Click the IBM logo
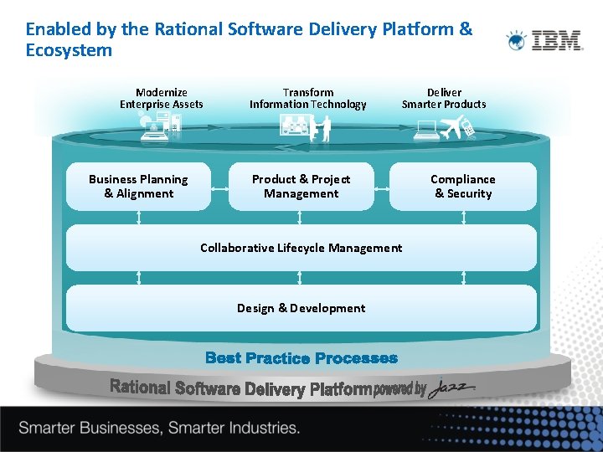pos(545,40)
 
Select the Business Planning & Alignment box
pos(138,186)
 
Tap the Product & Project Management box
pos(301,186)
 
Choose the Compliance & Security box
pos(463,186)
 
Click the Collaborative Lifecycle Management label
pos(301,248)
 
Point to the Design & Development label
pos(301,308)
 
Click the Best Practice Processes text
pos(301,358)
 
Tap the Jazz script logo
pos(452,388)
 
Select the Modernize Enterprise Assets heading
pos(162,98)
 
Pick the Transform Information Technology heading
pos(307,98)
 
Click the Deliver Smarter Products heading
pos(444,98)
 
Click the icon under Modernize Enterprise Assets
pos(161,126)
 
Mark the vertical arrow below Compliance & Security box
pos(463,218)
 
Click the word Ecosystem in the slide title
pos(69,50)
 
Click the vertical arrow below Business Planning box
pos(138,218)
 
